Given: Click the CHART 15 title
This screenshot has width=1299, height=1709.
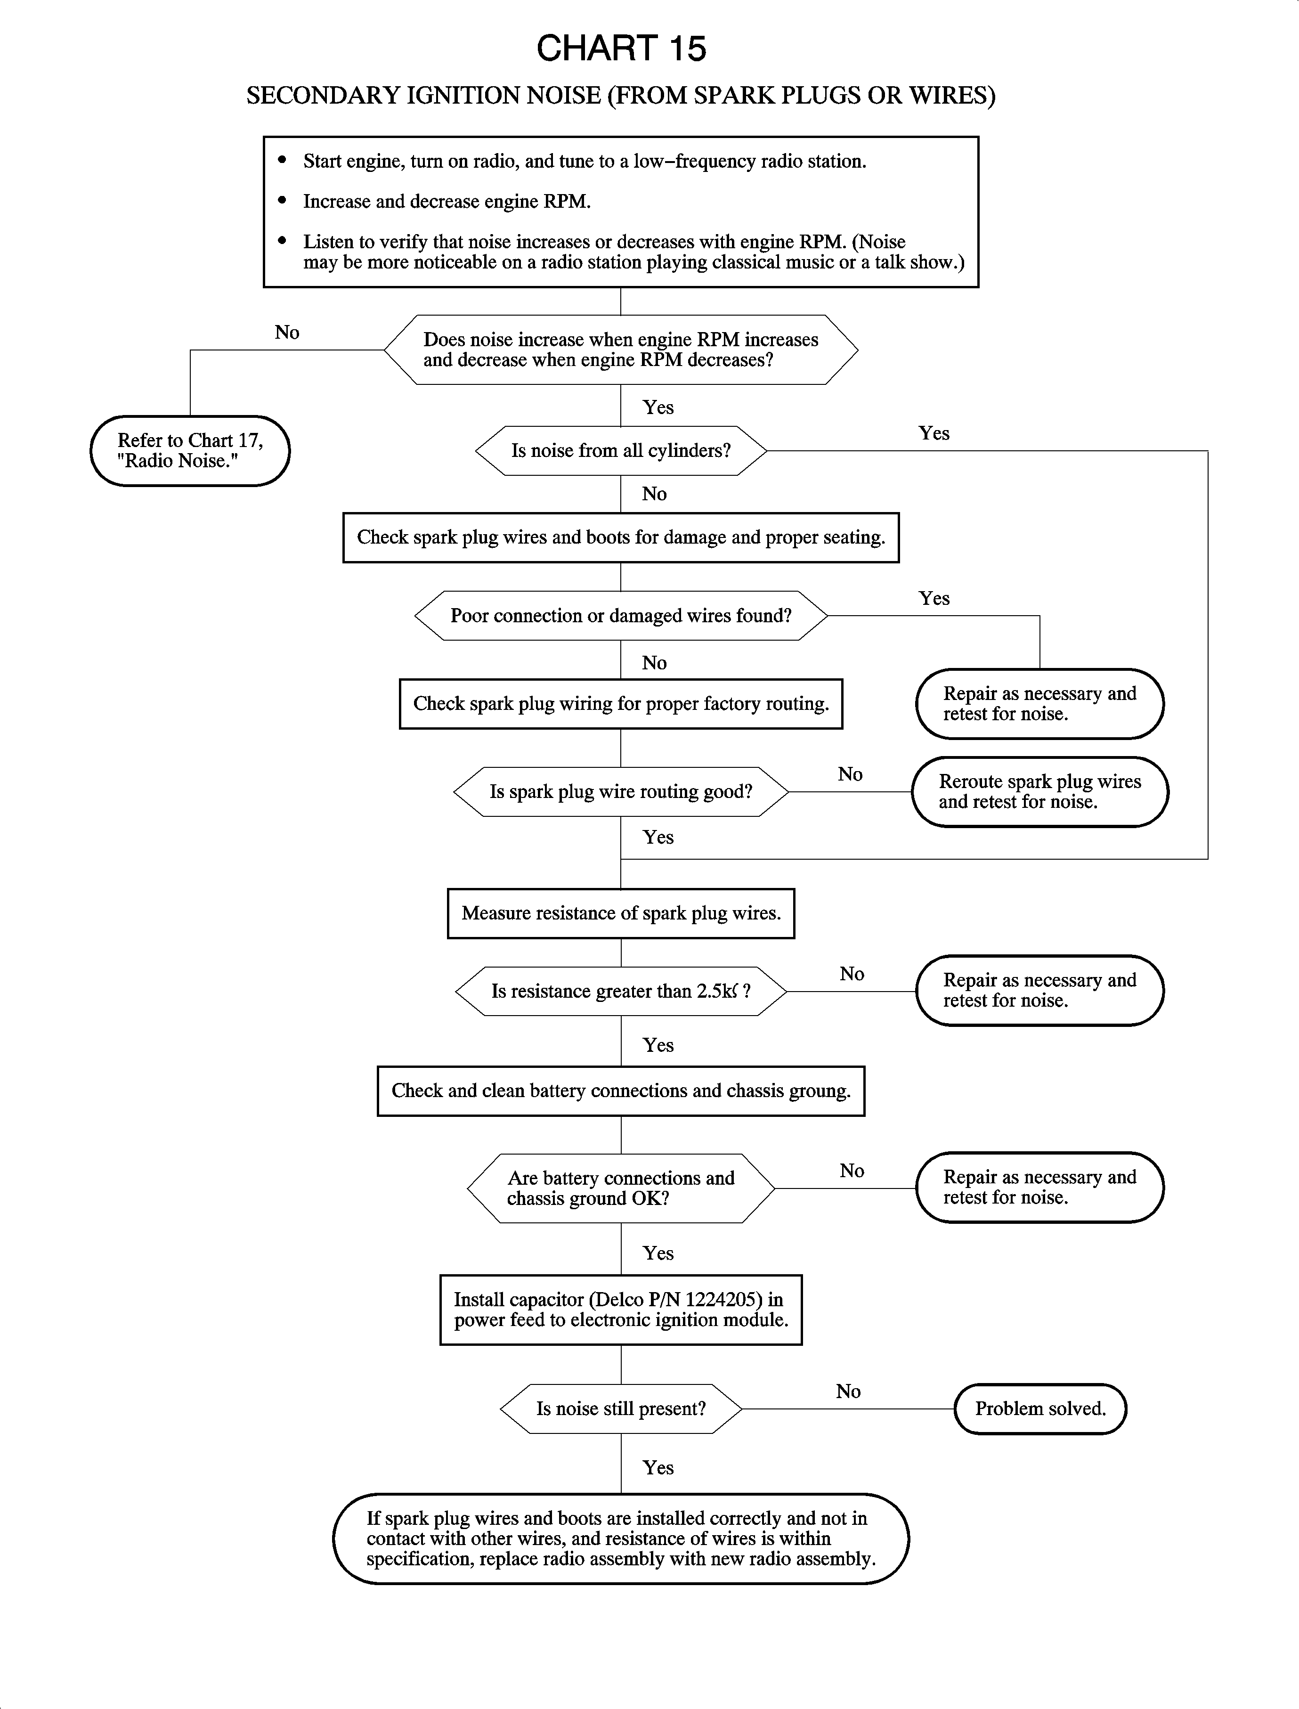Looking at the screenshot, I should [x=621, y=48].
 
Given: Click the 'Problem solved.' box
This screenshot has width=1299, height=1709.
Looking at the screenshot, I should [x=1040, y=1409].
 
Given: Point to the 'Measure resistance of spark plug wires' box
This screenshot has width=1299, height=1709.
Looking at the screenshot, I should [x=621, y=913].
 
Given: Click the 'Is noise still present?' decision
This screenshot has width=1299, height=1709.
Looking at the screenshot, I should [x=621, y=1409].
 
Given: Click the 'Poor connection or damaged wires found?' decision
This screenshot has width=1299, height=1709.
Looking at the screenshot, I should [x=621, y=616].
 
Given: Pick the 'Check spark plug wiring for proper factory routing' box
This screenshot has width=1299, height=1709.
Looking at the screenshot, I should [x=621, y=704].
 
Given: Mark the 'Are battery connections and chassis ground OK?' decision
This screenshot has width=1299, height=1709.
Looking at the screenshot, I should [x=621, y=1188].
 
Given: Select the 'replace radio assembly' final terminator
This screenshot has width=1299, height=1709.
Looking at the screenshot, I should [x=621, y=1539].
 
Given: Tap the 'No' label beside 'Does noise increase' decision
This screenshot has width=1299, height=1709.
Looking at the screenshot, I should [x=287, y=333].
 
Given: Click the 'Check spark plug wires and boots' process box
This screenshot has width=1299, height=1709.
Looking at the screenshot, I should [x=621, y=537].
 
